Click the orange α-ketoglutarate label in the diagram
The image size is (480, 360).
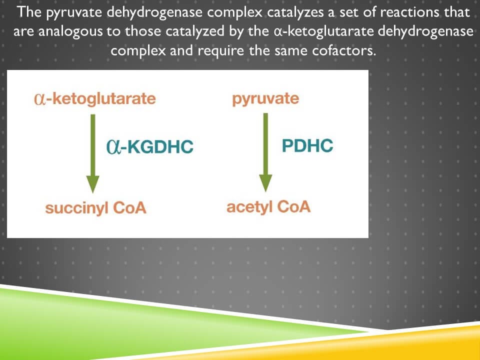[x=94, y=99]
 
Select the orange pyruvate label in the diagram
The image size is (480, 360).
[x=265, y=99]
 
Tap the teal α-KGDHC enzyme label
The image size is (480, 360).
[x=149, y=147]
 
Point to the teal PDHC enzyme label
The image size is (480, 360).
[x=307, y=145]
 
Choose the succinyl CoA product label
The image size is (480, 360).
[x=95, y=208]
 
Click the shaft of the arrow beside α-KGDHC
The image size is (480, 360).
[x=92, y=145]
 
